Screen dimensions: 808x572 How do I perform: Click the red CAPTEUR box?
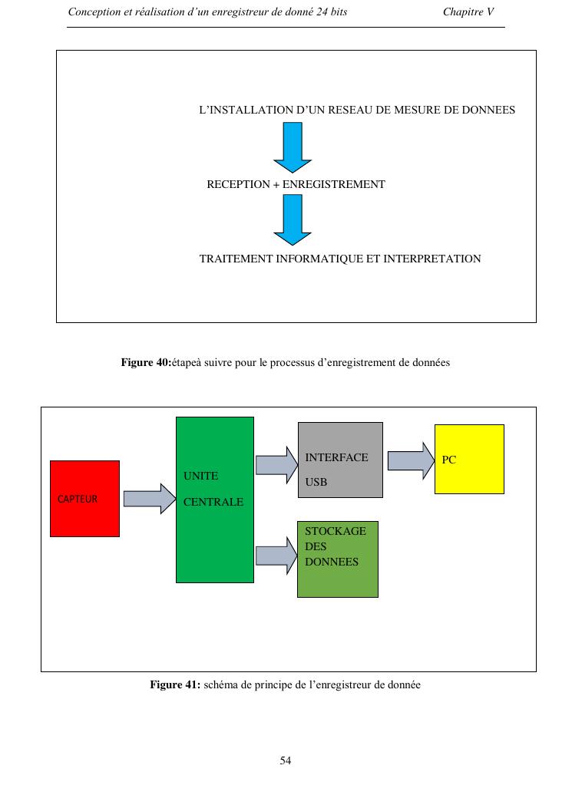[x=84, y=499]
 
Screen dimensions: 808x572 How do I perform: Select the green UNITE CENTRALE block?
[x=215, y=500]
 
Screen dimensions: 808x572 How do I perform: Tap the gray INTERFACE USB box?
[x=340, y=460]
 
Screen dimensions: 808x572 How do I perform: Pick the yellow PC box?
[x=469, y=459]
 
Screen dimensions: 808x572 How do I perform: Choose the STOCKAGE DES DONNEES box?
[x=338, y=559]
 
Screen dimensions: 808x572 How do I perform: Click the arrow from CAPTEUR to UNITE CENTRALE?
[x=150, y=499]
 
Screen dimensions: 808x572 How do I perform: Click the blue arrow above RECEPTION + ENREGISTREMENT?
[x=293, y=147]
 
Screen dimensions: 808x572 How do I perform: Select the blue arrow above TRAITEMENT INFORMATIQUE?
[x=293, y=219]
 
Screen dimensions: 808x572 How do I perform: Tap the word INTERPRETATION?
[x=432, y=259]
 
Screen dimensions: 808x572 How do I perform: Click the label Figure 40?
[x=146, y=362]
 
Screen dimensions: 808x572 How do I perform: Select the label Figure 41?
[x=174, y=684]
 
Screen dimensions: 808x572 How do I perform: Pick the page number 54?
[x=286, y=761]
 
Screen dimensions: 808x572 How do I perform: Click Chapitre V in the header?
[x=468, y=12]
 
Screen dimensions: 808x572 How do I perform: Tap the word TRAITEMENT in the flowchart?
[x=235, y=259]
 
